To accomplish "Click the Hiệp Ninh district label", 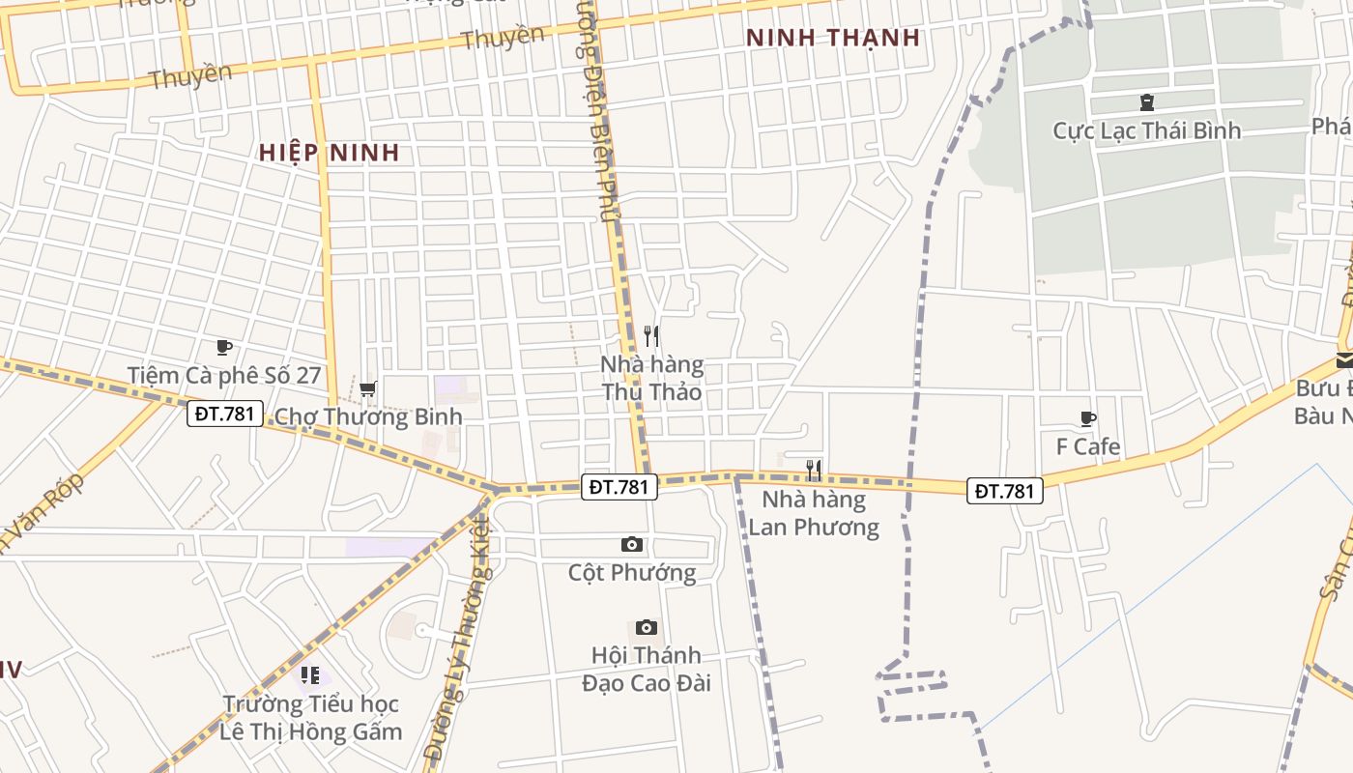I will pyautogui.click(x=330, y=153).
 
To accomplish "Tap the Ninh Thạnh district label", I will pyautogui.click(x=833, y=38).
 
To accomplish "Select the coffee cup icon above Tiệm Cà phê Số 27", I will pyautogui.click(x=224, y=348).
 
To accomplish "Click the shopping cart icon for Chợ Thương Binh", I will pyautogui.click(x=367, y=389).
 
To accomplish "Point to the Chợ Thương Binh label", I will pyautogui.click(x=368, y=416).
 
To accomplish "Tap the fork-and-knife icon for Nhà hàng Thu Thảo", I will pyautogui.click(x=651, y=336).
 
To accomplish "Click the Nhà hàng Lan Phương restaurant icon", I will pyautogui.click(x=814, y=471).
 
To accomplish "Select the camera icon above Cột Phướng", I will pyautogui.click(x=632, y=545).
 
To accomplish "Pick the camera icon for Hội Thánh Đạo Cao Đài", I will pyautogui.click(x=647, y=628).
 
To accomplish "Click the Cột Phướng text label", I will pyautogui.click(x=632, y=572).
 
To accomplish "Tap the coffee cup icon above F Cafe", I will pyautogui.click(x=1088, y=419).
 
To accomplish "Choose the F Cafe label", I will pyautogui.click(x=1088, y=446).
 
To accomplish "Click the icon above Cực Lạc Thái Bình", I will pyautogui.click(x=1146, y=102).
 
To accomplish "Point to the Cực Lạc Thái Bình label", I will pyautogui.click(x=1146, y=130).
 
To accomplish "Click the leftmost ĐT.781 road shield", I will pyautogui.click(x=224, y=414).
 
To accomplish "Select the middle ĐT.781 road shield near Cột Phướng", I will pyautogui.click(x=619, y=487).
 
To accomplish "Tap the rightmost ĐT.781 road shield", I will pyautogui.click(x=1005, y=491).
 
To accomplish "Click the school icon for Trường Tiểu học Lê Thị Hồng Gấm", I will pyautogui.click(x=309, y=675).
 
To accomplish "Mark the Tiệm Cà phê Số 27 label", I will pyautogui.click(x=224, y=375).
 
